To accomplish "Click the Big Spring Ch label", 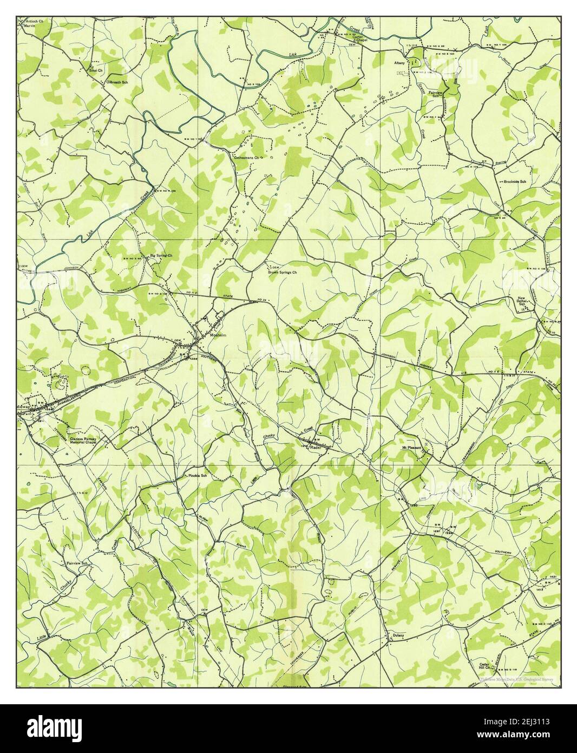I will (161, 255).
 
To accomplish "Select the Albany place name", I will (399, 63).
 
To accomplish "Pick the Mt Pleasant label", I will (411, 448).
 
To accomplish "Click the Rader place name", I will (316, 447).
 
